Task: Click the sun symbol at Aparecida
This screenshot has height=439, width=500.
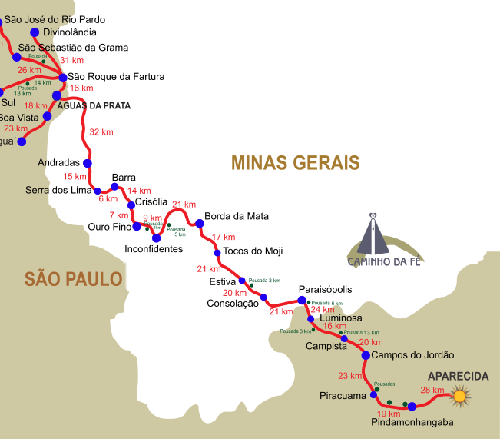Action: [459, 397]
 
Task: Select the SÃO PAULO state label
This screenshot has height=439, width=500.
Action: [73, 278]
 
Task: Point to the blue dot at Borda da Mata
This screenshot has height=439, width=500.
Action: [200, 223]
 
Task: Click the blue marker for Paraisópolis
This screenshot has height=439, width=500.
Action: [302, 301]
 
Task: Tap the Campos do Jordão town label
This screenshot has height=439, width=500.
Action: [412, 355]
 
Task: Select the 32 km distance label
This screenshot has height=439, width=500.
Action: [101, 131]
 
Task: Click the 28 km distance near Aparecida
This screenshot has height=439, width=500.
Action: [432, 390]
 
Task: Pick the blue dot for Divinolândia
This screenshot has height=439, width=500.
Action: [35, 32]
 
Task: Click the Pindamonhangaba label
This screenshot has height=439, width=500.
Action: [412, 422]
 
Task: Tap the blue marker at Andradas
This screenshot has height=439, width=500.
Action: [88, 163]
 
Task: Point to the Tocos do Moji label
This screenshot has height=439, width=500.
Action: [253, 251]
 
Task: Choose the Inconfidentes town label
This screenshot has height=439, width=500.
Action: [154, 250]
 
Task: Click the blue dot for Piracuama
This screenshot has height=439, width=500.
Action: [374, 395]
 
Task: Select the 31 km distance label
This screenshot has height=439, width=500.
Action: [71, 60]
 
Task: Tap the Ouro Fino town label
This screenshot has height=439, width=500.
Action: [110, 227]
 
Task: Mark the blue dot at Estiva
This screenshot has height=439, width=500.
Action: [242, 281]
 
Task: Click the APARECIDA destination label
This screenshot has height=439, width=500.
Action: [459, 376]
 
